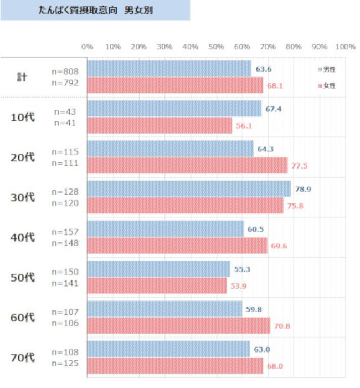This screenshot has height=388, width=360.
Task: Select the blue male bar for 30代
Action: pyautogui.click(x=189, y=189)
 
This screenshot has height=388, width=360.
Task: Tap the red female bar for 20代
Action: pyautogui.click(x=187, y=165)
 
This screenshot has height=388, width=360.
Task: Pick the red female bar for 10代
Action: pyautogui.click(x=160, y=125)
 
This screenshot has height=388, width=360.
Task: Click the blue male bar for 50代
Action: pyautogui.click(x=158, y=269)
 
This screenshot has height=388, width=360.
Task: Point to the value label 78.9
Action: pyautogui.click(x=303, y=189)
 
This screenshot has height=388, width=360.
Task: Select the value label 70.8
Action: pyautogui.click(x=282, y=326)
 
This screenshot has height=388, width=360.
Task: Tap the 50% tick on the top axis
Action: pyautogui.click(x=216, y=47)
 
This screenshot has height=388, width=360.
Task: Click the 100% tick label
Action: pyautogui.click(x=344, y=47)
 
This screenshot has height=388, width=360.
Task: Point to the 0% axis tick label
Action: pyautogui.click(x=87, y=47)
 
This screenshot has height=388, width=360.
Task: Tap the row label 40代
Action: pyautogui.click(x=23, y=237)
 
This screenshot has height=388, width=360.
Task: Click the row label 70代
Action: pyautogui.click(x=23, y=358)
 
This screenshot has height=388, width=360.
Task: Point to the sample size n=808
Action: pyautogui.click(x=65, y=72)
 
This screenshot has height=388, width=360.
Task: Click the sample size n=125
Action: pyautogui.click(x=65, y=364)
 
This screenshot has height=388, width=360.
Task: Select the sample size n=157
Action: pyautogui.click(x=65, y=232)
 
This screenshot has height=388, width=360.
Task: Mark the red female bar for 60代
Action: pyautogui.click(x=178, y=325)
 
